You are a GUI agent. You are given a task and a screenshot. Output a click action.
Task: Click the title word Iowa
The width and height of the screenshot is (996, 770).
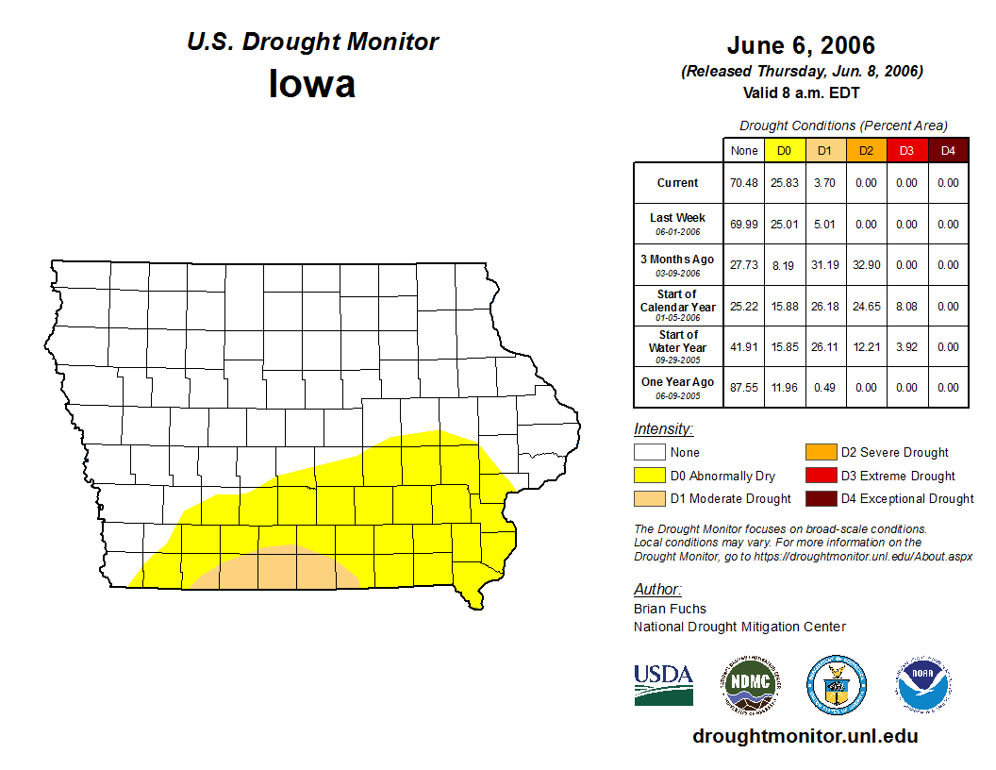pyautogui.click(x=312, y=83)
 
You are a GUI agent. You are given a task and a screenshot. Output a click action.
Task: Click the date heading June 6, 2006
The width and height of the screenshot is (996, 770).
pyautogui.click(x=801, y=45)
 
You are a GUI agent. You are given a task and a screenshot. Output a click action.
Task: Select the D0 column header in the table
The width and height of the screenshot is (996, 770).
pyautogui.click(x=784, y=150)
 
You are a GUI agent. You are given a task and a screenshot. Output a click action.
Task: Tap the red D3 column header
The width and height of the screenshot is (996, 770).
pyautogui.click(x=906, y=150)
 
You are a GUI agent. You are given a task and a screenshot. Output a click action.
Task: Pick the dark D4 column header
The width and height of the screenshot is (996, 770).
pyautogui.click(x=948, y=150)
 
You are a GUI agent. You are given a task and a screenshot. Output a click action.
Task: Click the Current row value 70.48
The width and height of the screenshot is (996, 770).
pyautogui.click(x=744, y=183)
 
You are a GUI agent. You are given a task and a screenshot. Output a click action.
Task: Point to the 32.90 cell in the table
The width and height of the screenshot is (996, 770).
pyautogui.click(x=866, y=265)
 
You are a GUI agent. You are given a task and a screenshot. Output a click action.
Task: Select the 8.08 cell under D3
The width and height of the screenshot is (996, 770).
pyautogui.click(x=906, y=307)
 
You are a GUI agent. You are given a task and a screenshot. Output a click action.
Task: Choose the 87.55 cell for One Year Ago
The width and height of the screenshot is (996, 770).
pyautogui.click(x=744, y=387)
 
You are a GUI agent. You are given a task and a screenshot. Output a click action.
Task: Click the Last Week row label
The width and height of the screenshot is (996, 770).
pyautogui.click(x=677, y=218)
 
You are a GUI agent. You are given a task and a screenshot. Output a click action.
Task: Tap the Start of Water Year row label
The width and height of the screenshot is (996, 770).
pyautogui.click(x=678, y=341)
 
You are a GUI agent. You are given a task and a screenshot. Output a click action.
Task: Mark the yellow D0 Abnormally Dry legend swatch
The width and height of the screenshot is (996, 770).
pyautogui.click(x=648, y=476)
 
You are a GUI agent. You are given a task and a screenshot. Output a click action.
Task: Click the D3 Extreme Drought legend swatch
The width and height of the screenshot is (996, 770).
pyautogui.click(x=819, y=476)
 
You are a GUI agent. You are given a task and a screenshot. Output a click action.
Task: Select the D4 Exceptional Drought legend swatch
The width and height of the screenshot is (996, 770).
pyautogui.click(x=819, y=498)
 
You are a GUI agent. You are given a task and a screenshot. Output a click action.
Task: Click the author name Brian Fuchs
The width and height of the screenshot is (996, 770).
pyautogui.click(x=670, y=609)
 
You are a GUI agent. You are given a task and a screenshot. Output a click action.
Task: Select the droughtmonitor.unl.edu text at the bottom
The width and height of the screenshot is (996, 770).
pyautogui.click(x=805, y=736)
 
